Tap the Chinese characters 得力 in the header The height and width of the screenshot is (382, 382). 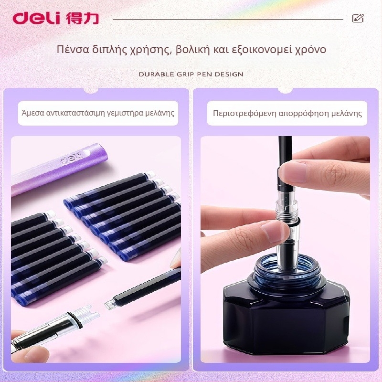(x=82, y=18)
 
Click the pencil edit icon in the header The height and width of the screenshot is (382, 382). (x=358, y=18)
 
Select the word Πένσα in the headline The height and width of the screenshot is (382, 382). (x=73, y=49)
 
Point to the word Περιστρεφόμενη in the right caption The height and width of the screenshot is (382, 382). (x=244, y=114)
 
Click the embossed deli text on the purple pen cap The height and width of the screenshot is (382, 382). (x=71, y=158)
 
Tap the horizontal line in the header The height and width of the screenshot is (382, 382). (x=228, y=19)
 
